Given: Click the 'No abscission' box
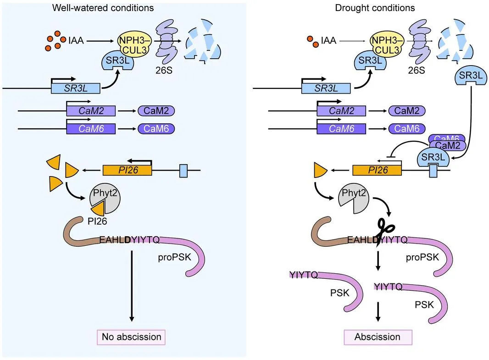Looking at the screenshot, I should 131,337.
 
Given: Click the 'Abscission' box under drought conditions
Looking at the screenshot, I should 378,337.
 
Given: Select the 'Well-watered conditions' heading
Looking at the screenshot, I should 103,8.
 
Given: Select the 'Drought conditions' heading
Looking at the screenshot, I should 375,8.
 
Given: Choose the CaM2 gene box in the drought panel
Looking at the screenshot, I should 341,111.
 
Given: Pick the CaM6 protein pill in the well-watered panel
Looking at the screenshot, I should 156,129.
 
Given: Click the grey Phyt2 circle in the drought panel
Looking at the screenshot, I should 354,199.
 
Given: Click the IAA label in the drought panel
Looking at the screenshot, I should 328,41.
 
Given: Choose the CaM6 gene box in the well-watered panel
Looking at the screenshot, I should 91,129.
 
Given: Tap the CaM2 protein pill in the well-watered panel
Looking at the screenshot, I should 156,111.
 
